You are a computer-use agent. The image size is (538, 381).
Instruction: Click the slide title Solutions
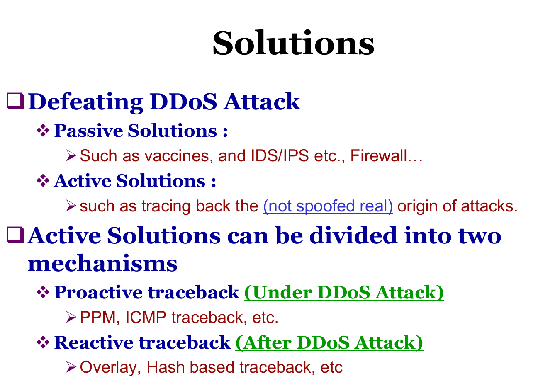pos(293,43)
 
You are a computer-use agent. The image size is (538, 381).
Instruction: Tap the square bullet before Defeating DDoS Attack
pos(15,101)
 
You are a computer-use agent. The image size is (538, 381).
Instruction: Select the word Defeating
pos(86,102)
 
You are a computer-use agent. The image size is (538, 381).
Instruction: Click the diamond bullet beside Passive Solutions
pos(43,131)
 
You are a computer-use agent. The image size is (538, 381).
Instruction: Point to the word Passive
pos(89,131)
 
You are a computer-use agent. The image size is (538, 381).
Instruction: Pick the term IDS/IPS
pos(280,155)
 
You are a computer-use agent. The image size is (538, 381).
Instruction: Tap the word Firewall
pos(378,155)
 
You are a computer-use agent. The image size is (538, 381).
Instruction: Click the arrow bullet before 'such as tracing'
pos(71,206)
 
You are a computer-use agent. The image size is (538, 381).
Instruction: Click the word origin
pos(417,206)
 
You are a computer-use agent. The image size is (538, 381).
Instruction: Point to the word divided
pos(353,236)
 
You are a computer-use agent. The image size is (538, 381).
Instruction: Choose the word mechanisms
pos(102,263)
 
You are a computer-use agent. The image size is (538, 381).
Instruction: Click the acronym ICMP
pos(146,317)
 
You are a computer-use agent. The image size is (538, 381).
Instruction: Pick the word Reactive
pos(94,342)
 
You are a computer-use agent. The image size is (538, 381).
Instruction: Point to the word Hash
pos(166,367)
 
